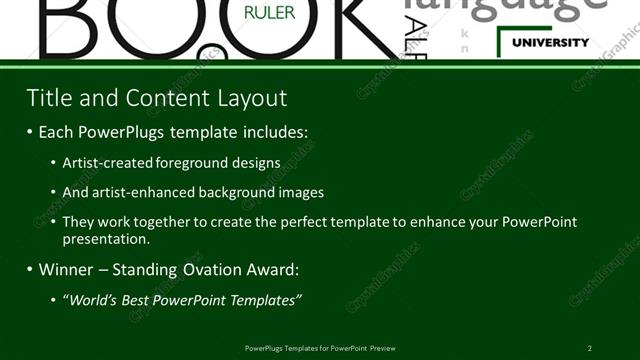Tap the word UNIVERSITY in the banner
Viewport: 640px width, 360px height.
click(550, 43)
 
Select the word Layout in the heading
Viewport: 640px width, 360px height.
click(250, 97)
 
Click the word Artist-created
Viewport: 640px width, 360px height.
click(106, 162)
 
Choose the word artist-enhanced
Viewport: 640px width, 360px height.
click(149, 191)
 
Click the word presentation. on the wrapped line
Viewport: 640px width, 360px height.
click(106, 239)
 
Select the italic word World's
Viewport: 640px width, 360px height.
click(92, 299)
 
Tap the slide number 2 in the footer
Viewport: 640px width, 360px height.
click(589, 348)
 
